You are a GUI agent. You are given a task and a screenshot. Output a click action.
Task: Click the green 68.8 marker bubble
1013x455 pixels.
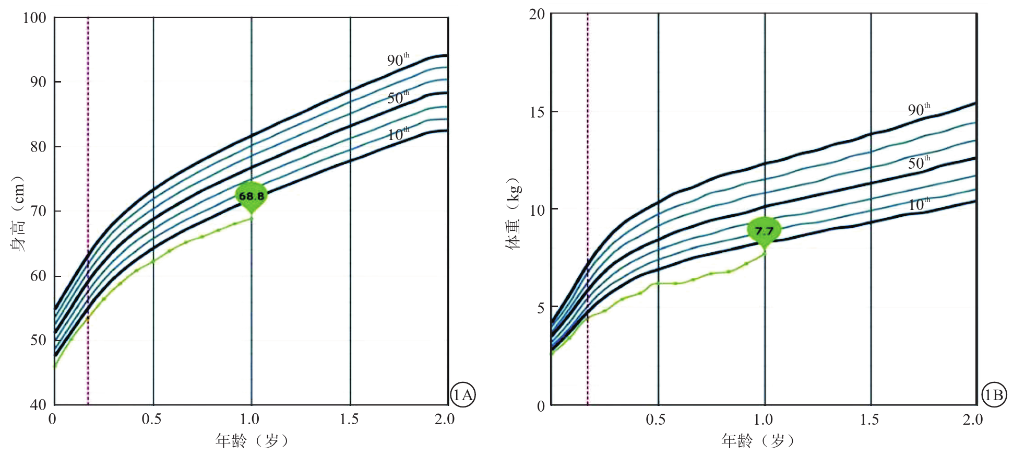(x=252, y=196)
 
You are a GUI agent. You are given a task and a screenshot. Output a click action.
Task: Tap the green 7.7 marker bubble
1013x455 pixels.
(x=764, y=231)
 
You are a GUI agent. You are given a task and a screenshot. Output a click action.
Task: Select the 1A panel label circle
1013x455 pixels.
(x=462, y=395)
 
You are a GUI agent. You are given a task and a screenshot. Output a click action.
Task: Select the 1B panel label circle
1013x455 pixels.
(x=993, y=395)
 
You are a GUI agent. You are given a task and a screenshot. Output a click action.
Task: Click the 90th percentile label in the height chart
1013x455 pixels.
(x=398, y=60)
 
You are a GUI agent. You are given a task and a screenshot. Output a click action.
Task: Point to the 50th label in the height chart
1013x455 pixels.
(x=398, y=98)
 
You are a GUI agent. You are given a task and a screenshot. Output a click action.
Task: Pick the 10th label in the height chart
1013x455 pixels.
(x=398, y=135)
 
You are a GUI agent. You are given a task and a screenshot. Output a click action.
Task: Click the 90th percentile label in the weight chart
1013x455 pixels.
(x=919, y=110)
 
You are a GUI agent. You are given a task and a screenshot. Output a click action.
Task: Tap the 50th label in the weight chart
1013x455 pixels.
(x=919, y=163)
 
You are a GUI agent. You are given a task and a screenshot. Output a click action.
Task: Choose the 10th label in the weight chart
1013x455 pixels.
(x=919, y=204)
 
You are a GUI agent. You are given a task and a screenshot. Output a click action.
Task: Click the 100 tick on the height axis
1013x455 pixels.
(x=34, y=18)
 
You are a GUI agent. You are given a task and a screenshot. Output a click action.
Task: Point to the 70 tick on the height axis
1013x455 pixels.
(x=38, y=211)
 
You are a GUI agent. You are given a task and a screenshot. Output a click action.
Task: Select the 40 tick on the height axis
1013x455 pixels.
(x=38, y=404)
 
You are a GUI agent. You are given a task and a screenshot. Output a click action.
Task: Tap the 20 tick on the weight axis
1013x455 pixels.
(x=537, y=14)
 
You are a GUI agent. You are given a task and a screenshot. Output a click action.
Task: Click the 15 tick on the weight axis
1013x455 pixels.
(x=537, y=112)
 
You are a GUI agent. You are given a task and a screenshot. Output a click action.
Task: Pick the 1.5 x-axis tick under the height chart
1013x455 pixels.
(x=349, y=419)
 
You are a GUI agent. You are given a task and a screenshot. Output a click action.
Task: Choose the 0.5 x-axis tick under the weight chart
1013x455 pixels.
(x=656, y=419)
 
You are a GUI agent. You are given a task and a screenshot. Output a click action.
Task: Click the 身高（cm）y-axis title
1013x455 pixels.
(x=18, y=213)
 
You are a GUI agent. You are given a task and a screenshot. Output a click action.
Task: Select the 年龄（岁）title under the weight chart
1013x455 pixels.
(x=758, y=441)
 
